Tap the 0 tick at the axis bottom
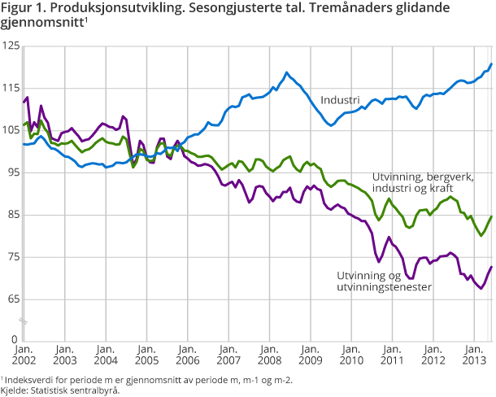point(15,338)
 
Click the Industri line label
point(340,100)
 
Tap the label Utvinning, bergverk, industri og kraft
point(422,182)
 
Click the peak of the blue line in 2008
point(287,72)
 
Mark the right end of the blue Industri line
point(491,64)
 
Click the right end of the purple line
point(491,267)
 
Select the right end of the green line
point(491,216)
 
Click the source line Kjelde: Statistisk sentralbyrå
point(61,390)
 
